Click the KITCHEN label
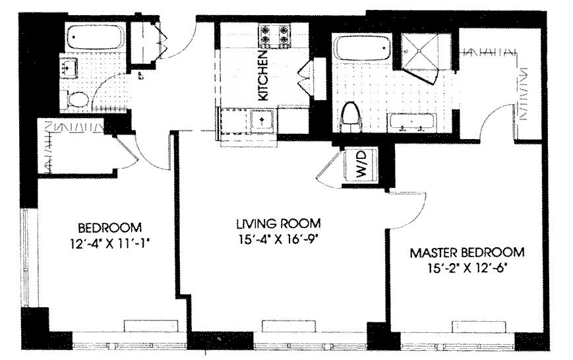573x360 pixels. click(263, 76)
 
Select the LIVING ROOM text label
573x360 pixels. click(278, 224)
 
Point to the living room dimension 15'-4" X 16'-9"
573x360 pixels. click(279, 239)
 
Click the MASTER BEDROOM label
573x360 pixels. click(467, 253)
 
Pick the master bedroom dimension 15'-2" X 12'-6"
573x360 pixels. click(468, 268)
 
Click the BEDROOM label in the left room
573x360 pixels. click(109, 227)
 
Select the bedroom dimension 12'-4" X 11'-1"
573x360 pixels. click(110, 243)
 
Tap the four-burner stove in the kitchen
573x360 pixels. click(274, 36)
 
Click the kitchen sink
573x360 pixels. click(262, 120)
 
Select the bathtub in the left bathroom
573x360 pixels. click(95, 36)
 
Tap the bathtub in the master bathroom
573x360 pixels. click(362, 47)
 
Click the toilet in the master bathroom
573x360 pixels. click(349, 117)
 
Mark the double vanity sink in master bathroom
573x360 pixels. click(412, 123)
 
